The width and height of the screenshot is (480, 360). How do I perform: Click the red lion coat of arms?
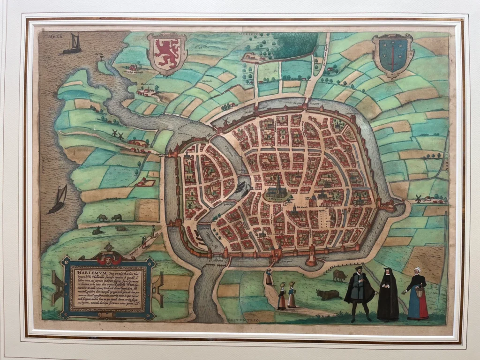point(167,53)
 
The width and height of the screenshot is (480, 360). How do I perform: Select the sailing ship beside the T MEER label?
point(73,44)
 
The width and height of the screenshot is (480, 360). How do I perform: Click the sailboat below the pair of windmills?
point(59,199)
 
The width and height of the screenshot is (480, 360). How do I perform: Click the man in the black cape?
point(359,293)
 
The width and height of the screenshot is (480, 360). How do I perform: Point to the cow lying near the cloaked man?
point(328,294)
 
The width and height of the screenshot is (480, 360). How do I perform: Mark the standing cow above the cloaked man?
point(339,276)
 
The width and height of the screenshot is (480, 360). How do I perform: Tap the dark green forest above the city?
point(294,44)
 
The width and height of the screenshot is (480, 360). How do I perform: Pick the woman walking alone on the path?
point(269,277)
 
